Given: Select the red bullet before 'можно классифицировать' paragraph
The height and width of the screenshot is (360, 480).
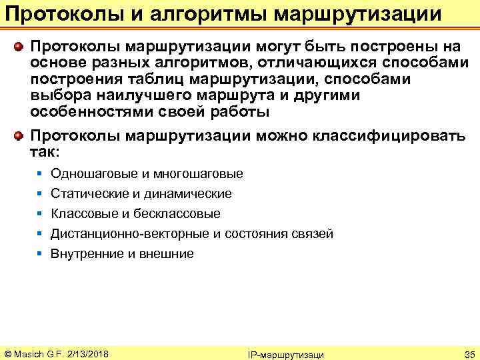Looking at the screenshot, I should point(20,136).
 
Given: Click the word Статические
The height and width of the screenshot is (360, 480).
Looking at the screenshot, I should point(88,194).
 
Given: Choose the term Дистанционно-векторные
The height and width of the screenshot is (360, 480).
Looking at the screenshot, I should point(130,234).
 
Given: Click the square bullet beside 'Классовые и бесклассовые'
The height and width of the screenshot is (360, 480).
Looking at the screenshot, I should point(40,214).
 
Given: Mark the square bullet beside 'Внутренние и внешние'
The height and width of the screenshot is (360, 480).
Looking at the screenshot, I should point(40,254).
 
